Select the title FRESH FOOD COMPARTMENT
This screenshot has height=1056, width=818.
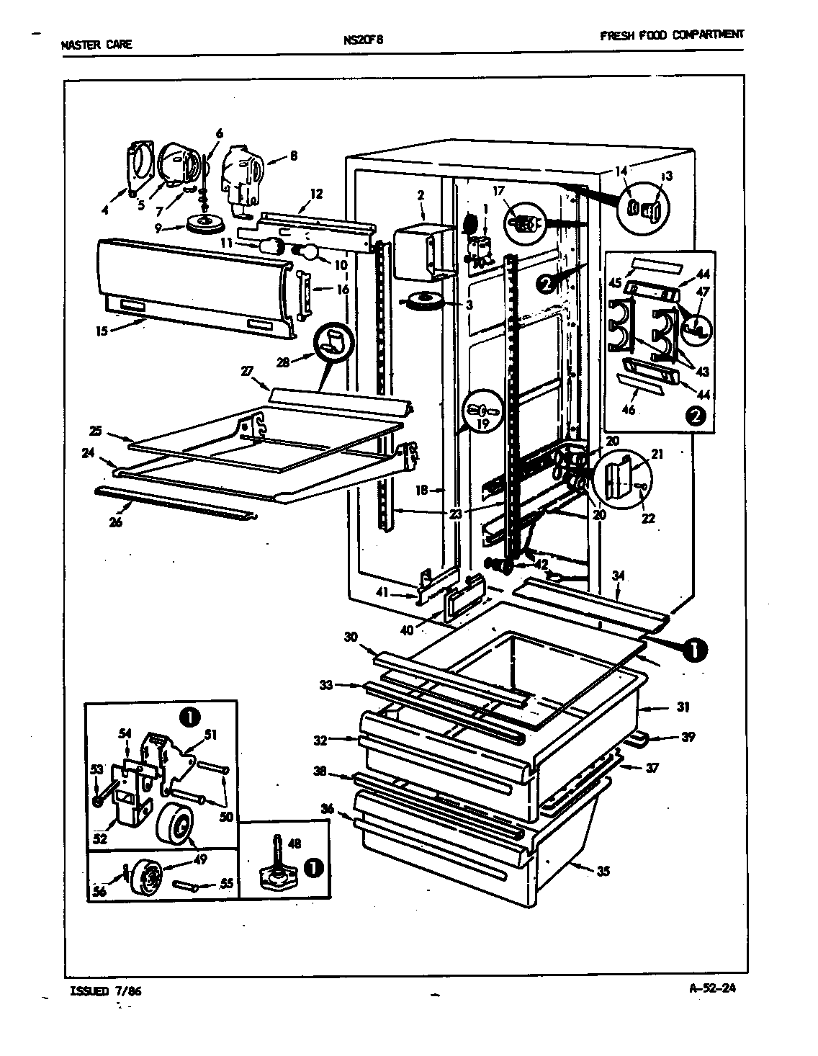coord(671,35)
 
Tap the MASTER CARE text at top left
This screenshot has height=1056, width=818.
coord(96,45)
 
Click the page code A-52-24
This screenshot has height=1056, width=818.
coord(713,988)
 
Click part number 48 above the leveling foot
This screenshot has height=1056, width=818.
coord(294,844)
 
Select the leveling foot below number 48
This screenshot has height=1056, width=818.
coord(278,874)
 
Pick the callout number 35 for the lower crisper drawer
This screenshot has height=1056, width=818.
coord(603,872)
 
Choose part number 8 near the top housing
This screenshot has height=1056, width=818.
coord(293,154)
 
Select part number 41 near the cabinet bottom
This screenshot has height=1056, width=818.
coord(381,593)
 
